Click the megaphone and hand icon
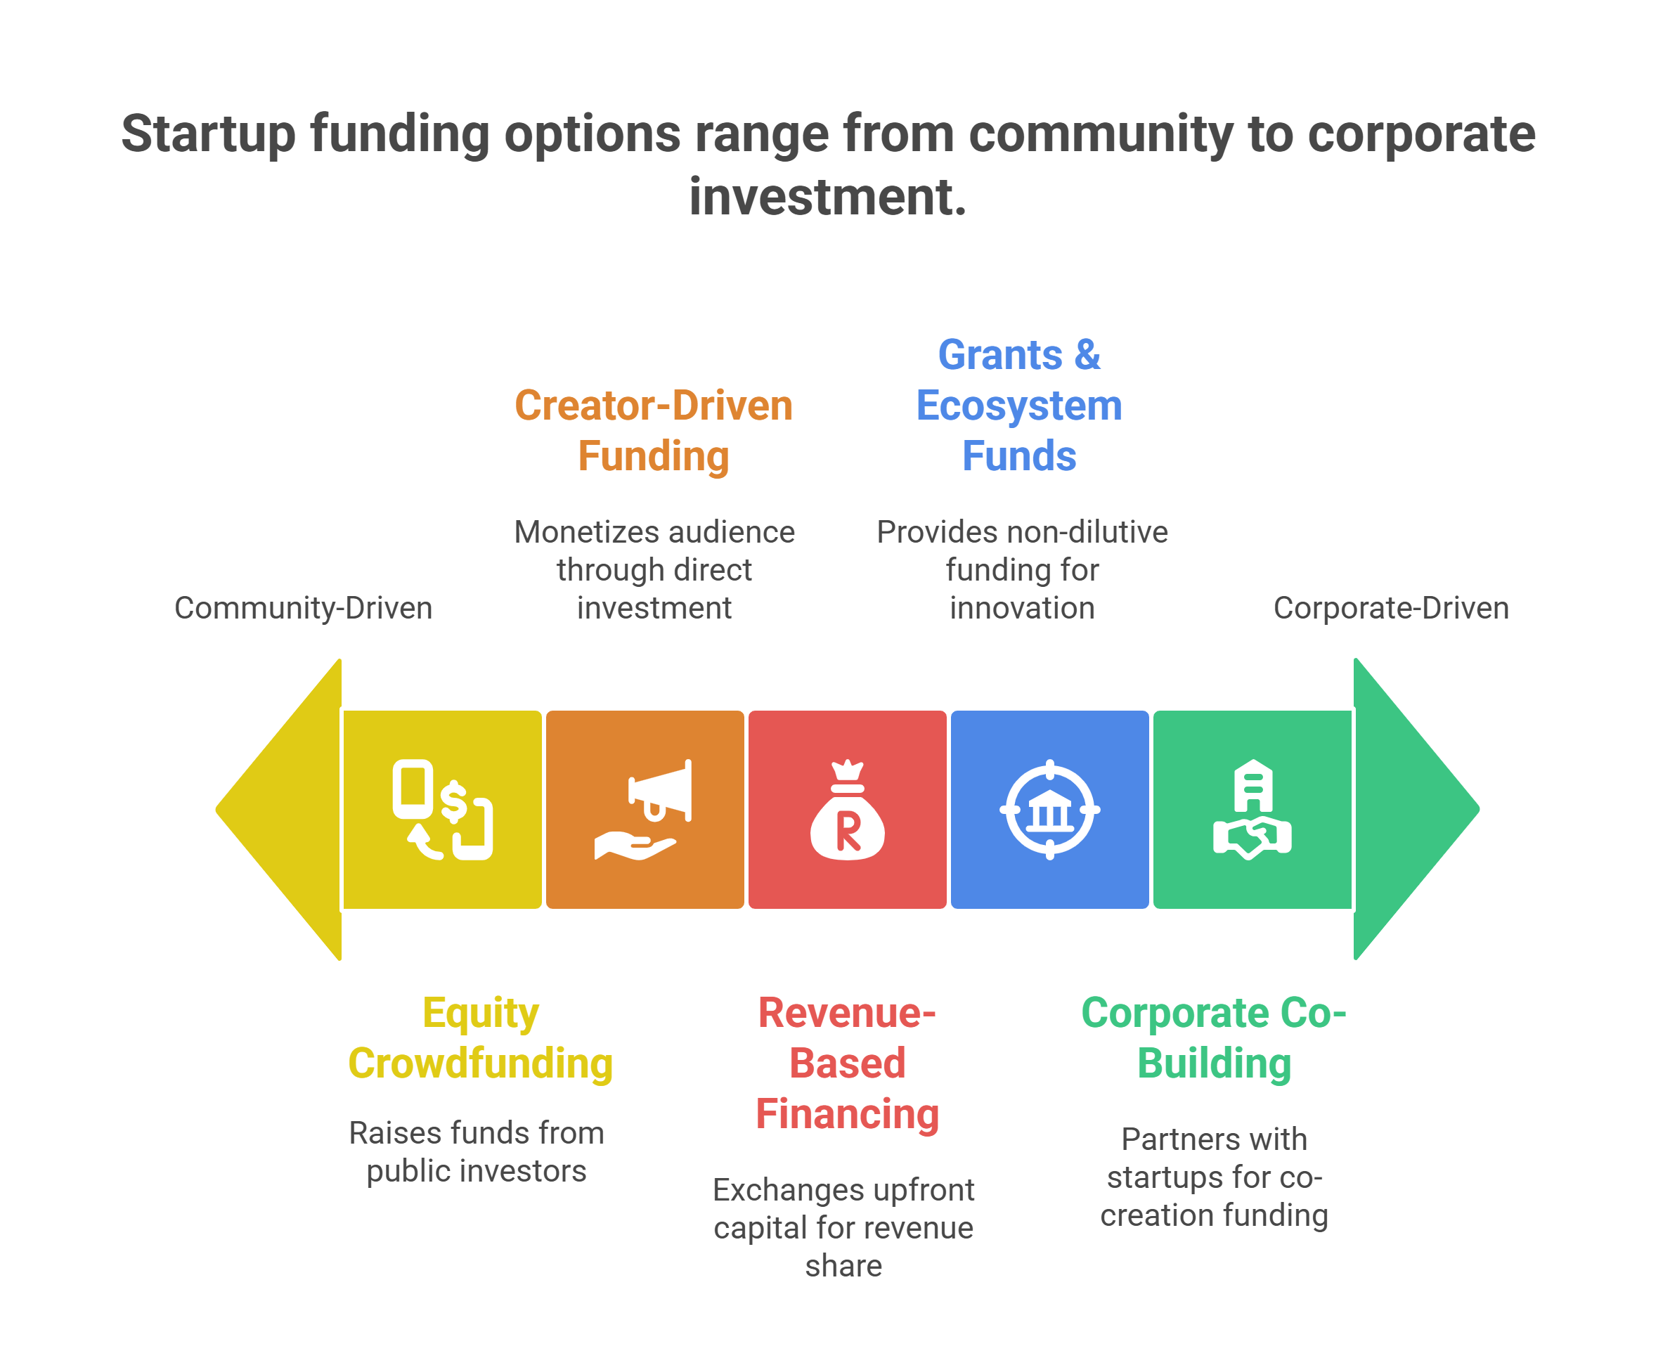point(643,810)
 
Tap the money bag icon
point(847,810)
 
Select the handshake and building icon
point(1252,810)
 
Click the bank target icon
point(1049,810)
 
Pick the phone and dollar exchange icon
point(443,810)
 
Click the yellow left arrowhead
point(279,810)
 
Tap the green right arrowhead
point(1416,810)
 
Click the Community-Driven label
point(304,608)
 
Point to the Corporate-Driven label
point(1391,608)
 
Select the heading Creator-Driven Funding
point(654,430)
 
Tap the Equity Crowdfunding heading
point(480,1038)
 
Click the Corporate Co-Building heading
point(1214,1038)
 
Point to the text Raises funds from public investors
point(477,1151)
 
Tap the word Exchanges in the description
point(775,1190)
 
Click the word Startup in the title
point(208,134)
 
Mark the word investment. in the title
point(827,196)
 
